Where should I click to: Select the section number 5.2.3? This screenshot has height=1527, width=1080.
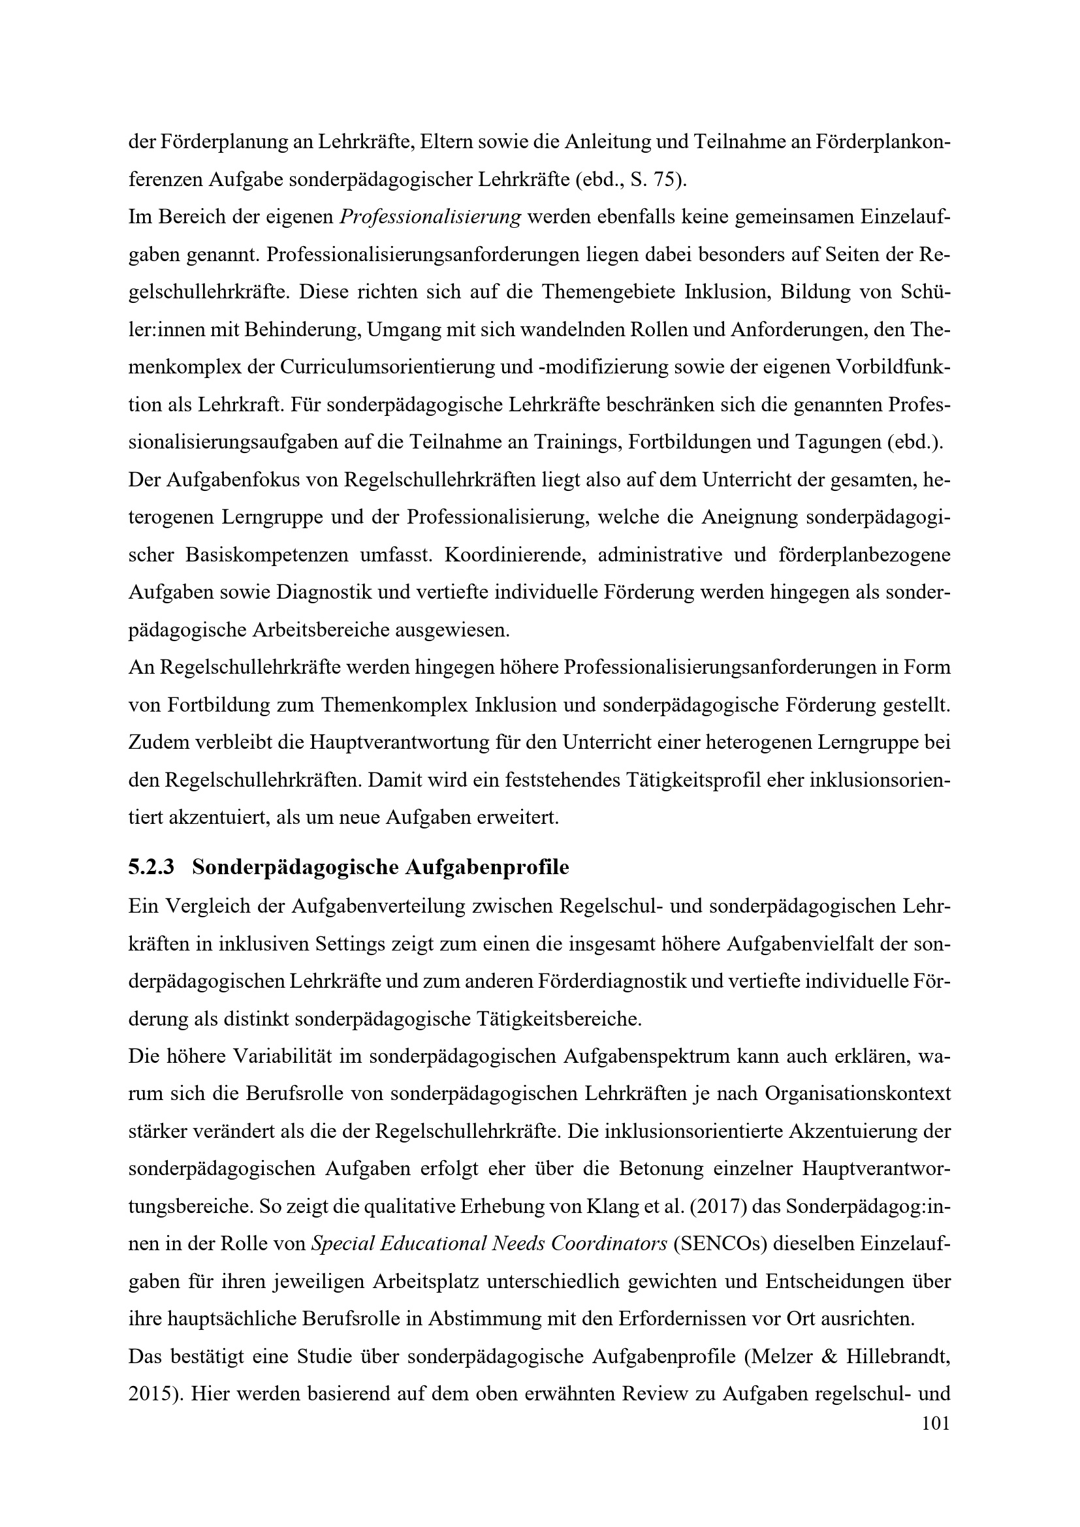pyautogui.click(x=151, y=867)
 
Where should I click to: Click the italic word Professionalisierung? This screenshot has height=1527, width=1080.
pyautogui.click(x=430, y=217)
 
